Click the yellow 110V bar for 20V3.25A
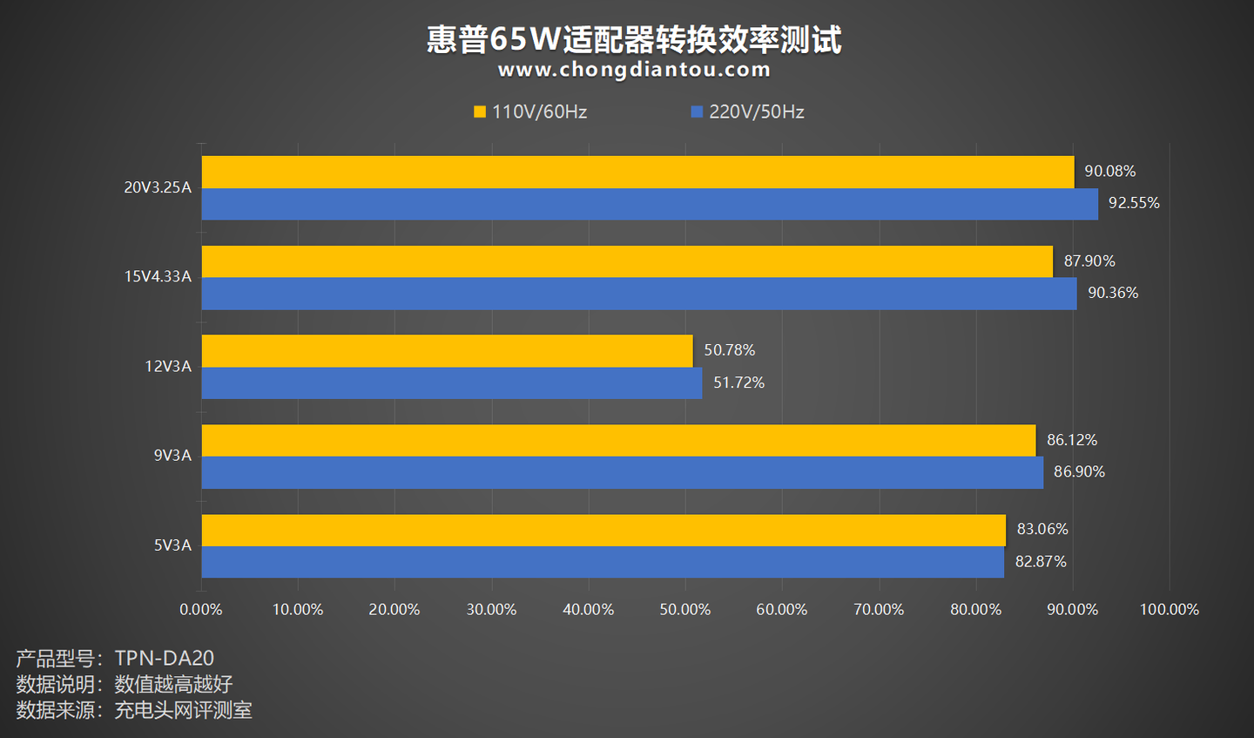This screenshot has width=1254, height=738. pos(637,172)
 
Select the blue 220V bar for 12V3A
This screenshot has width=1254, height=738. pos(451,383)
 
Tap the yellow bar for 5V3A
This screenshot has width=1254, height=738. pos(603,530)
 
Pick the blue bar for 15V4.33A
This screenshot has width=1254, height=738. pos(638,294)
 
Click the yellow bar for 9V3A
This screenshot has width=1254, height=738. pos(618,440)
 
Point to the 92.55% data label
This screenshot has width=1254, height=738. pos(1134,203)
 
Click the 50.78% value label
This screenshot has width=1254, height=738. pos(729,350)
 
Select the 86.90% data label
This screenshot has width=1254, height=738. pos(1079,471)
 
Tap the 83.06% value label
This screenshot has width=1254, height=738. pos(1042,529)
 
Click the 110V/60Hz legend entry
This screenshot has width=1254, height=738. pos(530,112)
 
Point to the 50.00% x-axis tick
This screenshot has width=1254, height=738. pos(684,610)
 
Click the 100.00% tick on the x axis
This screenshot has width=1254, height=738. pos(1169,610)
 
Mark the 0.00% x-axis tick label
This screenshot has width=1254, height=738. pos(201,610)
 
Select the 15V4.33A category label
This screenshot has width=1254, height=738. pos(158,277)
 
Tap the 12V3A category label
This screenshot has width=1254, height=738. pos(168,367)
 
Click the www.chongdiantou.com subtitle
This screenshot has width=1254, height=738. pos(634,70)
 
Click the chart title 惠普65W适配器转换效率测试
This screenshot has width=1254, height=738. pos(634,39)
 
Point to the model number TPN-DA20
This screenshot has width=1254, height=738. pos(164,659)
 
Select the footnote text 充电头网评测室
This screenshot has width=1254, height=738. pos(183,710)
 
